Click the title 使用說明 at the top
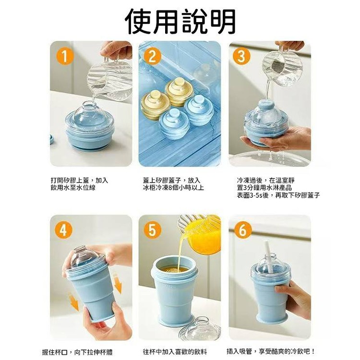click(180, 22)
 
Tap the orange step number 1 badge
click(65, 56)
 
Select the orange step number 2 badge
click(152, 56)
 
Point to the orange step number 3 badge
click(242, 56)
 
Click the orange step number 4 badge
click(63, 230)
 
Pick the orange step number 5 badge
click(152, 230)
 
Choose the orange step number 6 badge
click(243, 230)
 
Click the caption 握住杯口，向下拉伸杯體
click(77, 352)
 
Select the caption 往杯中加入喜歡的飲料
click(175, 351)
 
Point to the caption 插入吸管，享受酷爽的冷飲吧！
click(271, 351)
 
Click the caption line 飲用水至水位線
click(73, 188)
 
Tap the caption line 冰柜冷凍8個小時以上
click(173, 188)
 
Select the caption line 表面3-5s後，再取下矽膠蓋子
click(278, 195)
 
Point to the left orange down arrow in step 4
click(74, 302)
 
